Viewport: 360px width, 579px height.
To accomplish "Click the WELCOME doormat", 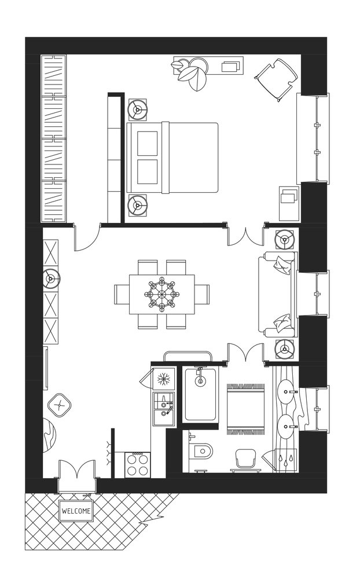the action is pos(76,511).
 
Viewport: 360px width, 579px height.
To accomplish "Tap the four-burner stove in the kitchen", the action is pos(137,464).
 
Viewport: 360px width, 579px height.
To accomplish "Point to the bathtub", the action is pos(200,394).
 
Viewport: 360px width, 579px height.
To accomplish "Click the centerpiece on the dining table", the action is pos(161,294).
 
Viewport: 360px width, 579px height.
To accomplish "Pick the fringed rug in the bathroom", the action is pos(245,409).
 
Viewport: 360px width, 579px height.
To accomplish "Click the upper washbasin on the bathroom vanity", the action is pos(287,389).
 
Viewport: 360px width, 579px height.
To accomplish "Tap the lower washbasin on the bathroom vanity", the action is pos(287,426).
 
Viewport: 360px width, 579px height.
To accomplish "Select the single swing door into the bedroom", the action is pos(87,238).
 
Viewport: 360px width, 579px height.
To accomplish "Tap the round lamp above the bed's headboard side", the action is pos(138,109).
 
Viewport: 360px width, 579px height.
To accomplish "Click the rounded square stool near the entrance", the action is pos(58,405).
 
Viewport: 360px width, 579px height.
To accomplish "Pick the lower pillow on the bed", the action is pos(148,172).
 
